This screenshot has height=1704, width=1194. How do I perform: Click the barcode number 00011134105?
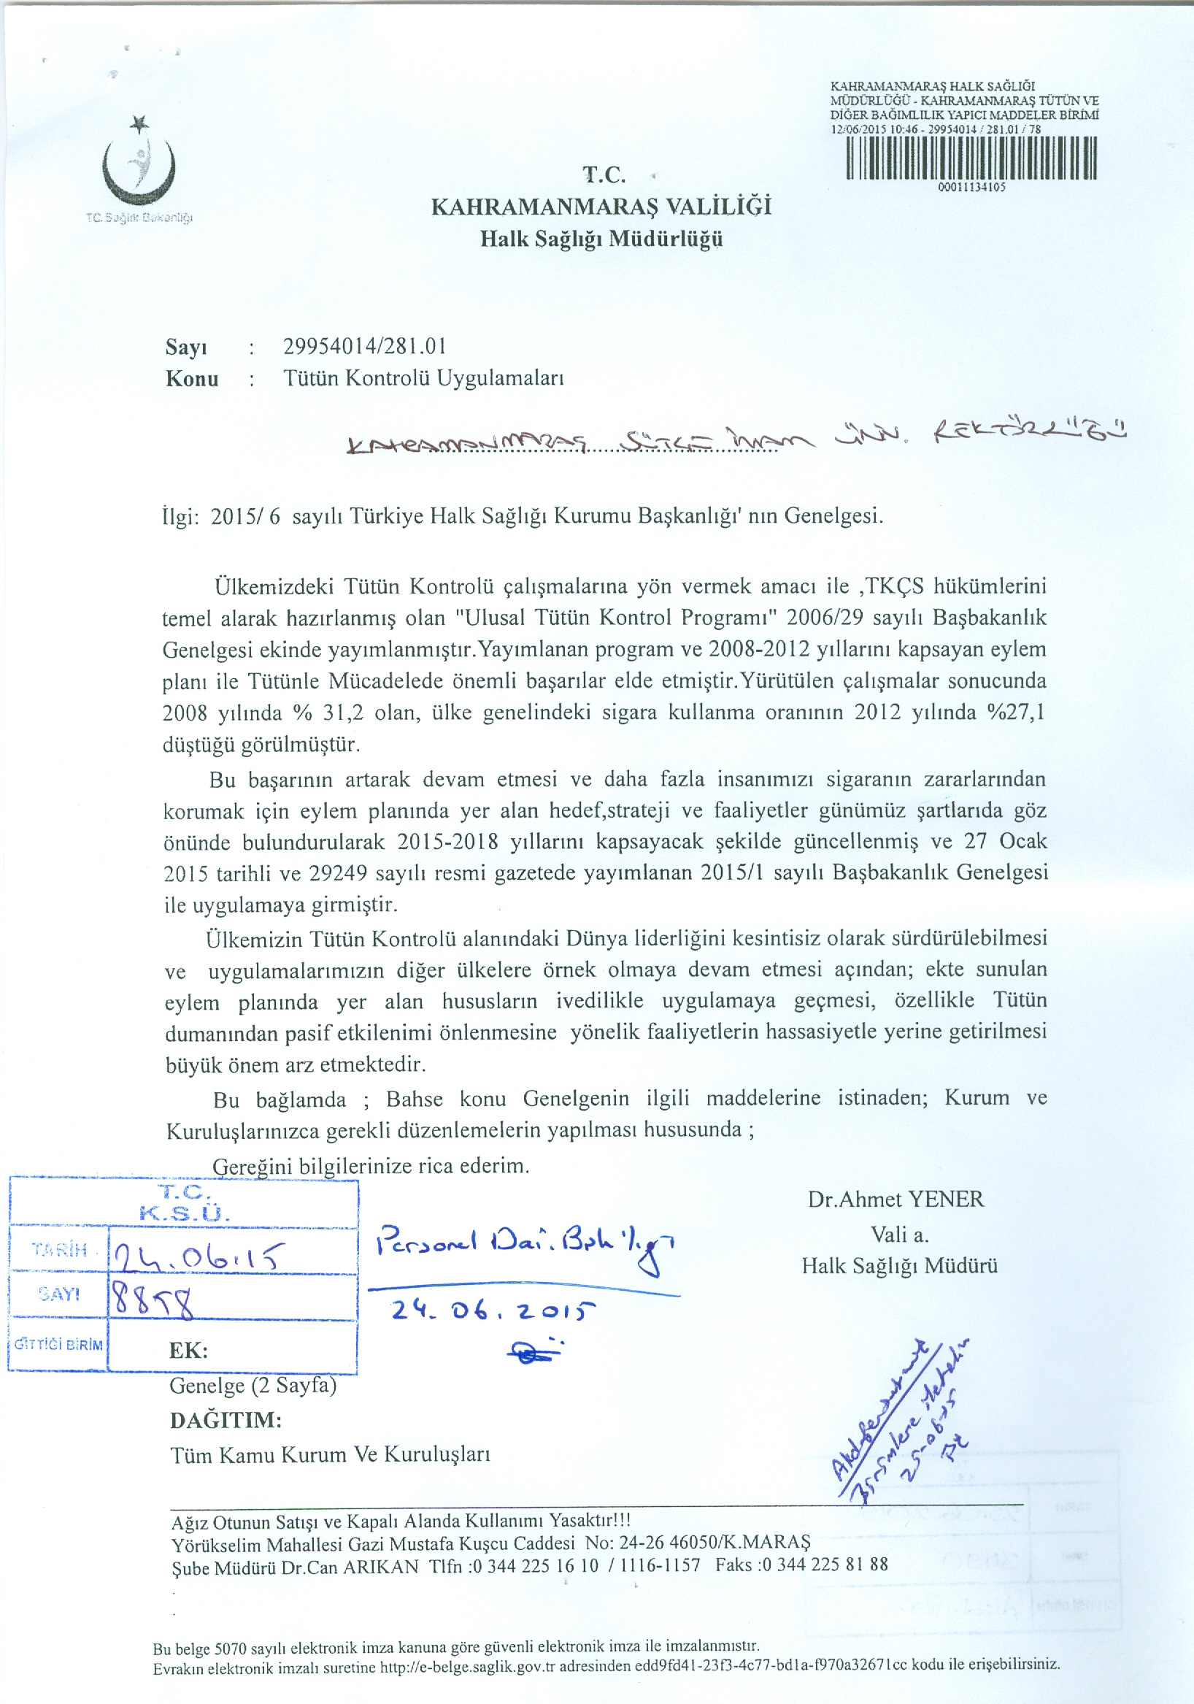click(x=971, y=188)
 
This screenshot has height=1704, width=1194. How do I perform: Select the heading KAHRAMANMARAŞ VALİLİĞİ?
click(x=601, y=206)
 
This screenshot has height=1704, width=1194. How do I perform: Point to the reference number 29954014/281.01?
click(x=364, y=346)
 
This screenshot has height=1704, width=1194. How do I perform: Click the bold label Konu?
click(x=192, y=378)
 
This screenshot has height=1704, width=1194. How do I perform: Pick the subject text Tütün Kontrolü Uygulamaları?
click(x=424, y=378)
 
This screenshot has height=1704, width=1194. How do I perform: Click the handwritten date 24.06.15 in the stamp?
click(x=197, y=1256)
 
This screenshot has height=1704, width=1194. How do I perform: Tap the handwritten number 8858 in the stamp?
click(x=152, y=1300)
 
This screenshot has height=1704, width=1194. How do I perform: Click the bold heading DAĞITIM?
click(x=226, y=1421)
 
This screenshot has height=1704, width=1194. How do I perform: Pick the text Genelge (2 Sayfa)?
click(x=253, y=1386)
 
